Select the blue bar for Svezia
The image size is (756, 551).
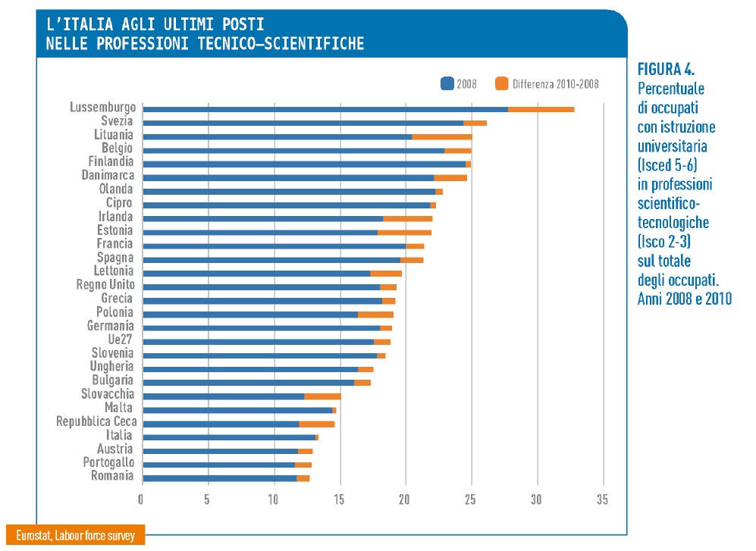(x=303, y=123)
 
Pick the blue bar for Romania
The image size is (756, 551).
(x=219, y=478)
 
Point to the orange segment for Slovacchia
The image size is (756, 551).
(x=322, y=396)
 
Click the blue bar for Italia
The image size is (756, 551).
(x=228, y=437)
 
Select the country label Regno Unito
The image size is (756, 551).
(x=105, y=285)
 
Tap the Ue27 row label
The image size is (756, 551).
(x=121, y=340)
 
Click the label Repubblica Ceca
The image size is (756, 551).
(x=95, y=421)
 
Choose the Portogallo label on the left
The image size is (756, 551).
(x=108, y=462)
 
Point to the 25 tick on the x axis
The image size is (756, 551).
(x=472, y=499)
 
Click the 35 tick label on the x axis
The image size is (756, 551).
(x=603, y=499)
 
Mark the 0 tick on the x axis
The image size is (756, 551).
(x=141, y=499)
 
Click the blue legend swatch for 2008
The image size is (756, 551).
(x=447, y=83)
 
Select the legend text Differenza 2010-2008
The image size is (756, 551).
(x=555, y=84)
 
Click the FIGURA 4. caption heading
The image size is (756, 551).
(x=667, y=70)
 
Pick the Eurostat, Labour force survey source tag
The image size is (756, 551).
(x=75, y=536)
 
